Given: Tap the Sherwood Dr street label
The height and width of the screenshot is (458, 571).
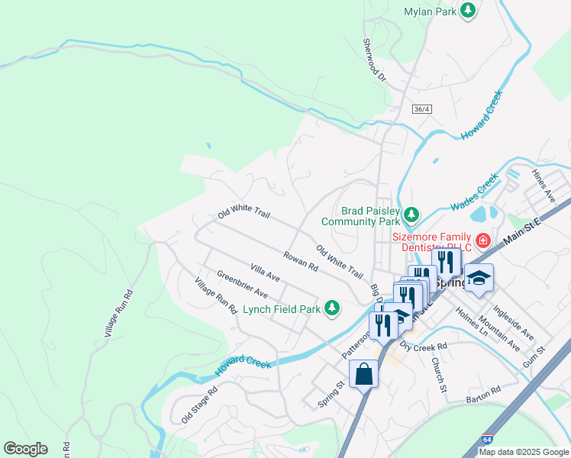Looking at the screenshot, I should (375, 61).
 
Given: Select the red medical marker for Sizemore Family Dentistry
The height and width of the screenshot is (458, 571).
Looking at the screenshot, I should (482, 241).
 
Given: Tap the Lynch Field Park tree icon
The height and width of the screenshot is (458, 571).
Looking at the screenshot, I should (331, 308).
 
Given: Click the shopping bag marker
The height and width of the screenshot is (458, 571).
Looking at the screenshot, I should (363, 374).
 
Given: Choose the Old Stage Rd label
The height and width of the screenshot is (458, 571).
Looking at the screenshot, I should (199, 405).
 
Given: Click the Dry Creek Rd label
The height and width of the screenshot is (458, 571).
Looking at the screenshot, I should (424, 347).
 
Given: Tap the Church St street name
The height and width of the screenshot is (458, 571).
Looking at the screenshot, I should (437, 375).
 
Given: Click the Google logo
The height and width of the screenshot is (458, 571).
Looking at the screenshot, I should (25, 449).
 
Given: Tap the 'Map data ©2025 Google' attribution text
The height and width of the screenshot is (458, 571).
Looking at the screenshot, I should (523, 452).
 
